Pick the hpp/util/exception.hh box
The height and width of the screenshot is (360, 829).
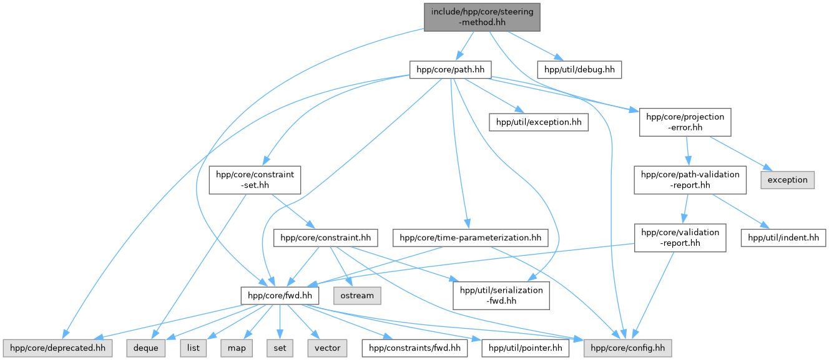pos(539,122)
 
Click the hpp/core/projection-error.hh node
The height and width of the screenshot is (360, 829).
pos(685,122)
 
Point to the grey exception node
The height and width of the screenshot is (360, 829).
pos(787,180)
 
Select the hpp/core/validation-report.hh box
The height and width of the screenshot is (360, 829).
pos(680,237)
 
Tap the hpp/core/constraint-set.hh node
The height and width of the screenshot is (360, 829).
pos(255,180)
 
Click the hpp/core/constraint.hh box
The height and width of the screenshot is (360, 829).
pos(326,237)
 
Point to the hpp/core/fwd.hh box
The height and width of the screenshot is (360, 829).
pos(280,295)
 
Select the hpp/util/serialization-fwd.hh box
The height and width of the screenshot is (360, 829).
pos(501,295)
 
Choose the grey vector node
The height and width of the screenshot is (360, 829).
pos(327,348)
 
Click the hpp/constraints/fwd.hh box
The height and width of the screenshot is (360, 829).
pos(414,348)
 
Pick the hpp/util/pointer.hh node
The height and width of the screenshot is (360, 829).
pos(526,348)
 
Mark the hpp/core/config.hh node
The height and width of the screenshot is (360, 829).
pos(628,348)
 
